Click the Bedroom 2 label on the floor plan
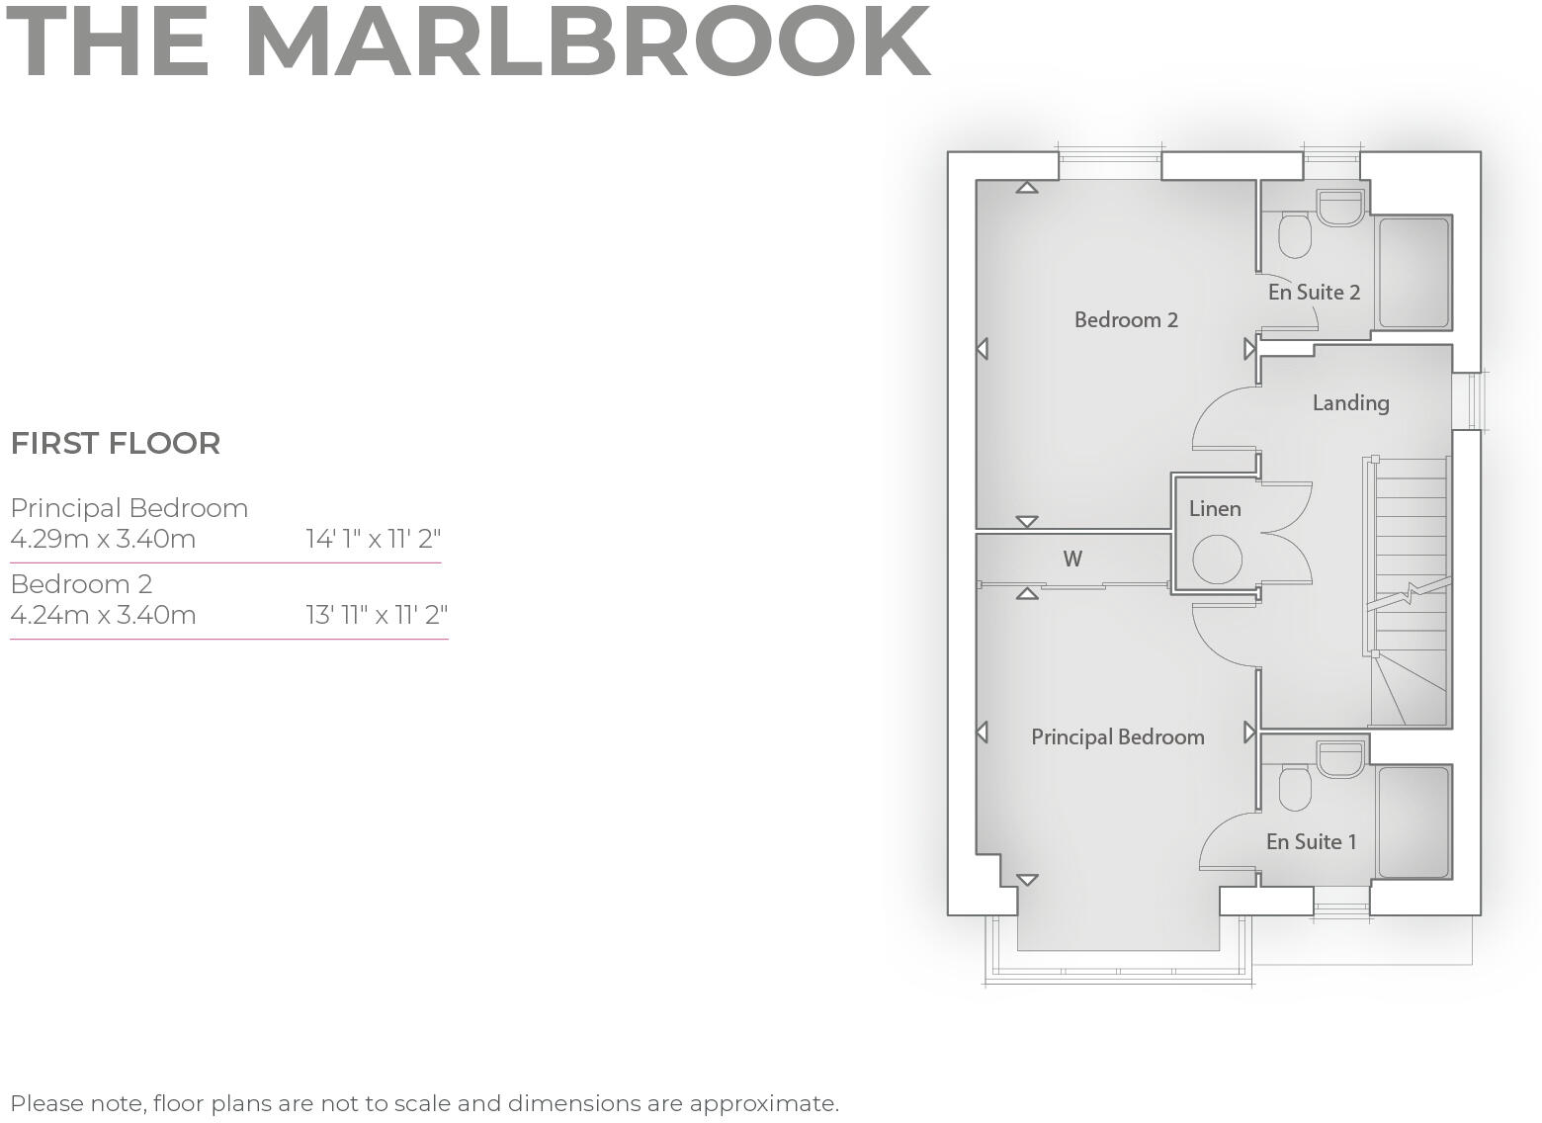click(x=1126, y=320)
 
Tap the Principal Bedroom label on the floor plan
click(x=1117, y=737)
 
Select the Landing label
click(x=1350, y=403)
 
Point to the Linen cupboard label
click(x=1215, y=509)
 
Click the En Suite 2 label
click(x=1314, y=293)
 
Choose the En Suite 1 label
click(x=1311, y=842)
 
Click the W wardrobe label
click(x=1072, y=560)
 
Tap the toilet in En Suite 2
click(x=1294, y=236)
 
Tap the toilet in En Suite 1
click(x=1294, y=788)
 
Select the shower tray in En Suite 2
click(x=1413, y=272)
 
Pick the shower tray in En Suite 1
click(x=1413, y=821)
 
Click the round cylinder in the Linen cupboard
click(x=1217, y=560)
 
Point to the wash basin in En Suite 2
click(x=1340, y=206)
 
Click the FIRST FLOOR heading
click(x=116, y=444)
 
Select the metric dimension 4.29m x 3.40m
click(x=103, y=540)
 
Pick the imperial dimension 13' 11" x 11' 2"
click(x=377, y=616)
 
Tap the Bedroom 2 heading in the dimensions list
click(x=81, y=584)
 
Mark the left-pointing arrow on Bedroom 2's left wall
click(x=982, y=349)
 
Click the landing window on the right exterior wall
click(x=1470, y=401)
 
